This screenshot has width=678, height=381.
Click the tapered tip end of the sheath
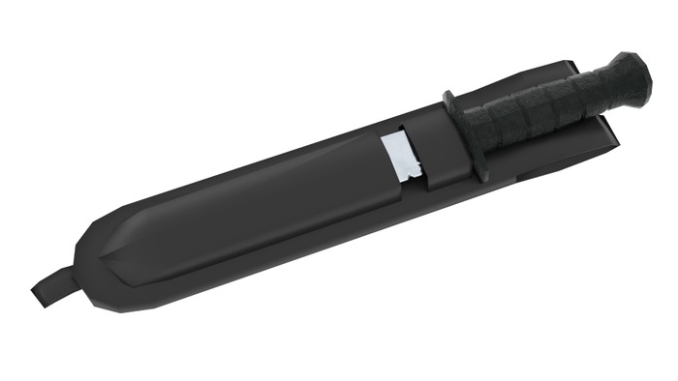[x=92, y=261]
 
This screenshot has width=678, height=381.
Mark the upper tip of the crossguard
[x=447, y=96]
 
